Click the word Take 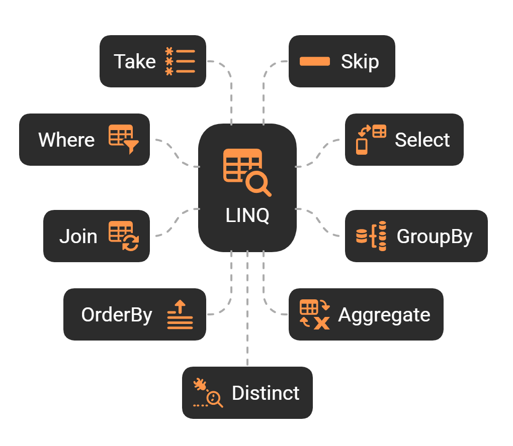135,61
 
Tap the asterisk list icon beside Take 180,61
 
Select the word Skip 360,61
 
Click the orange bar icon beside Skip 315,61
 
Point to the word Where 66,140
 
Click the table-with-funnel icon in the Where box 123,139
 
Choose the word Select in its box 422,140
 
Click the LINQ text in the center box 247,215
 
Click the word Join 78,236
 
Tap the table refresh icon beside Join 123,236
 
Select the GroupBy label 435,236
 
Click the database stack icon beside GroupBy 371,236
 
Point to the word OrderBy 117,314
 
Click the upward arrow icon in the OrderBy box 180,314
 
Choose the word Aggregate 384,314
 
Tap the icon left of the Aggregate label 314,314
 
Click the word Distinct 266,393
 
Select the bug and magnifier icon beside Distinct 208,393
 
